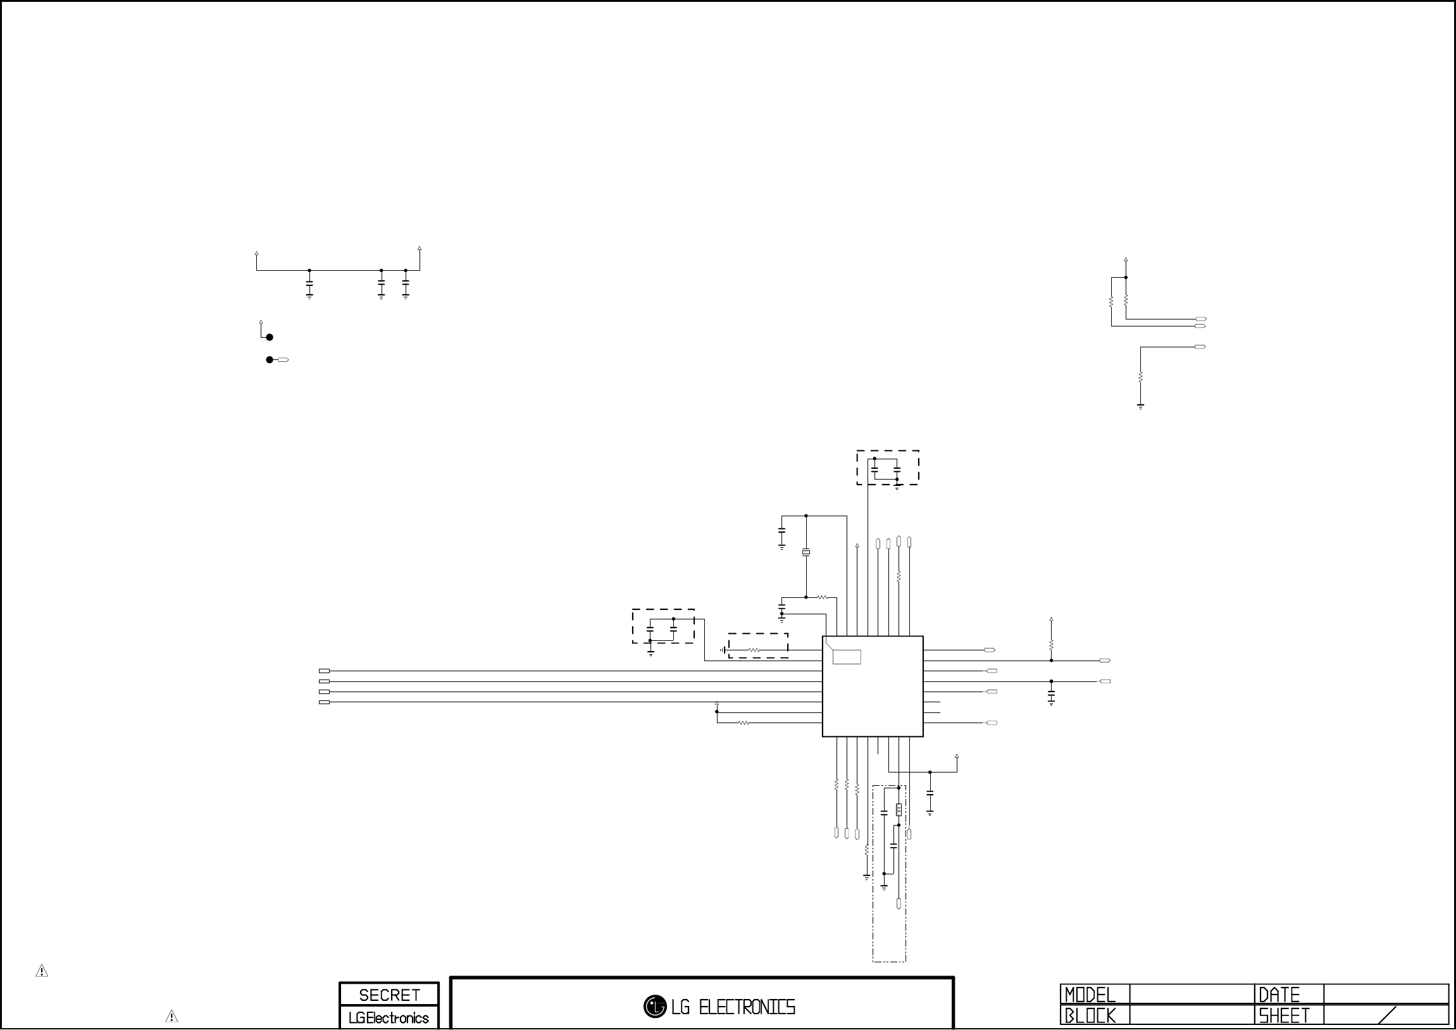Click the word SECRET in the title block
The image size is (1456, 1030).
coord(389,995)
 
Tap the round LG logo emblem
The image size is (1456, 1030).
coord(654,1007)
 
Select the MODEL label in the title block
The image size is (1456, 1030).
coord(1090,995)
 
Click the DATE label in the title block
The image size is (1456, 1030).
coord(1279,995)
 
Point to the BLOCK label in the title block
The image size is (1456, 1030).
coord(1090,1016)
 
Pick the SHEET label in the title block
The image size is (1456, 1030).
coord(1284,1016)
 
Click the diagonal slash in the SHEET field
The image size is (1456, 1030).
coord(1388,1015)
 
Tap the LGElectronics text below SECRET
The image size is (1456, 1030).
coord(389,1018)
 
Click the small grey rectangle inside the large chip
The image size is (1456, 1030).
coord(847,657)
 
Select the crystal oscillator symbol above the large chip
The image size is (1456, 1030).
coord(806,553)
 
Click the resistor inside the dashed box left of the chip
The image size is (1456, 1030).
coord(755,650)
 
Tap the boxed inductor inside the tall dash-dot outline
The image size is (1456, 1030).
coord(899,809)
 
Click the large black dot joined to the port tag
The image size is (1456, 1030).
coord(270,359)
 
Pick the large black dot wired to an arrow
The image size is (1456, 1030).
coord(270,337)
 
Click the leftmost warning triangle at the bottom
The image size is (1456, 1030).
coord(42,971)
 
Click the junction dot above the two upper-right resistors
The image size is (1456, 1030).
coord(1126,277)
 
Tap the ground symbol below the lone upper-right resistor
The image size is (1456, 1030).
coord(1140,407)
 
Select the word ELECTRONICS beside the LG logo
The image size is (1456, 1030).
coord(747,1007)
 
